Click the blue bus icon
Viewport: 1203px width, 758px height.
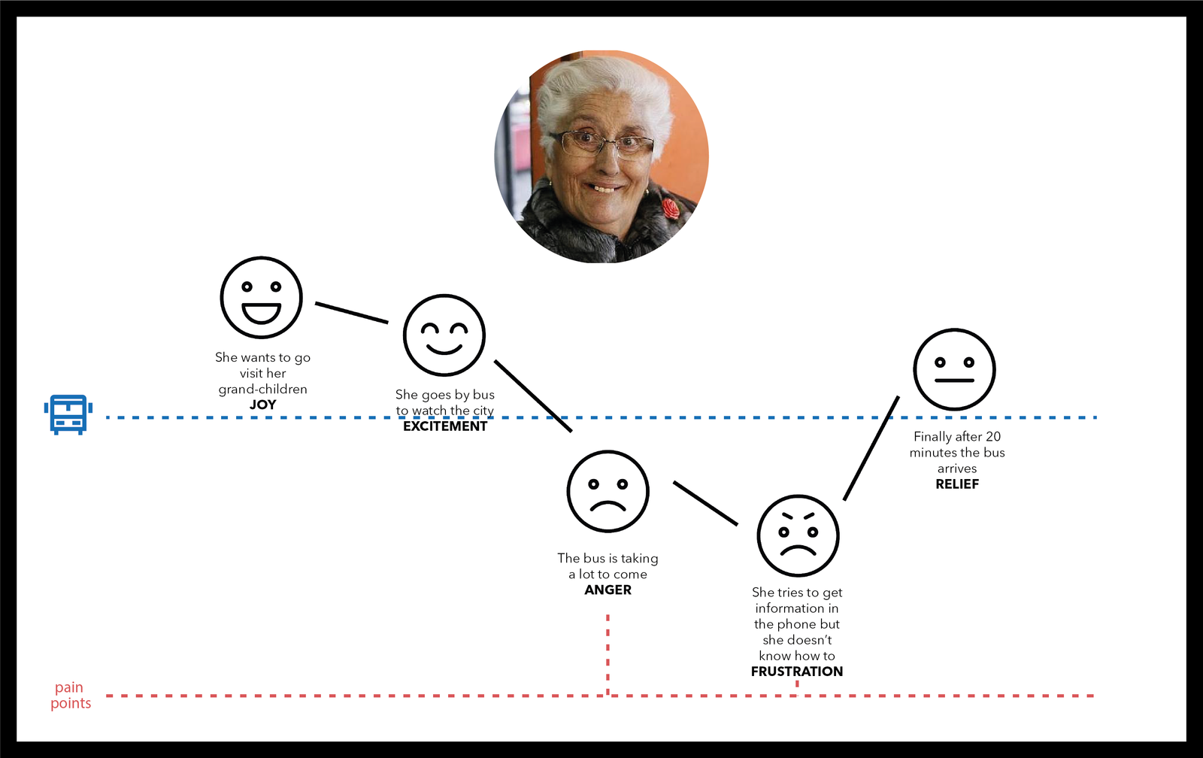pos(68,414)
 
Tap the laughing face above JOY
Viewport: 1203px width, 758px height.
pos(261,298)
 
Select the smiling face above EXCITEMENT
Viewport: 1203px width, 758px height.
pos(444,335)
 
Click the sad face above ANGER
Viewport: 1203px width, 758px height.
pos(608,492)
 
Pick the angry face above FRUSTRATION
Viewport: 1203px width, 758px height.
pos(798,535)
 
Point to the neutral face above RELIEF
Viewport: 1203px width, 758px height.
pos(954,369)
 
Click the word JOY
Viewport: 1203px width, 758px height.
pos(262,405)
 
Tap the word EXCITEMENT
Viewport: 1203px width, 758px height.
pos(445,426)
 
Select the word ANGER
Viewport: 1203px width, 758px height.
pos(608,590)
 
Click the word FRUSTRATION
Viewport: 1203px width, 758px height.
pos(797,672)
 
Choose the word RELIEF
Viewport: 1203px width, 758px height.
pos(957,484)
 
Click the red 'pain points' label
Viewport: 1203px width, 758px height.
pos(71,696)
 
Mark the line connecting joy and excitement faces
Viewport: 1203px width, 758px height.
pos(351,313)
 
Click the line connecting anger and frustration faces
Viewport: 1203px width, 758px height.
pos(705,503)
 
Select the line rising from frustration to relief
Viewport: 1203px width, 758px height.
pos(871,447)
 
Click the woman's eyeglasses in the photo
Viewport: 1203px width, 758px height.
pos(601,144)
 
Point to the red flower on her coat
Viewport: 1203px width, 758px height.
pos(671,208)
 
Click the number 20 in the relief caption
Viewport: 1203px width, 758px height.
pos(993,437)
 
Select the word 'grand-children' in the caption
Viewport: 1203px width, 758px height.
pos(262,390)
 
